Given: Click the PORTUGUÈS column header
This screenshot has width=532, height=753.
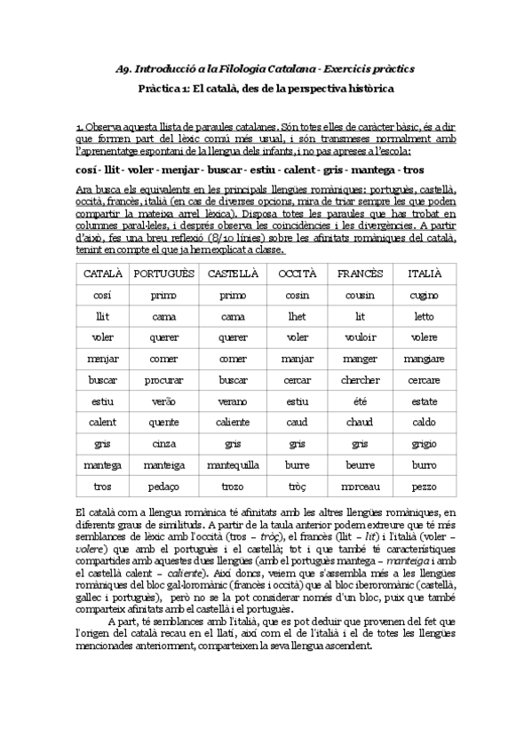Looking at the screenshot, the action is point(163,273).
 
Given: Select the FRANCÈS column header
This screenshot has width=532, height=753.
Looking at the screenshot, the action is point(360,273).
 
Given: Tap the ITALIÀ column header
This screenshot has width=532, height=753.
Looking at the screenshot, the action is point(425,273).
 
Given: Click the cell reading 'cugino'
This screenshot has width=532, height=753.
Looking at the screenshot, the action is point(425,295).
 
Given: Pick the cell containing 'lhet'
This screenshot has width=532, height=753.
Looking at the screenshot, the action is point(298,316).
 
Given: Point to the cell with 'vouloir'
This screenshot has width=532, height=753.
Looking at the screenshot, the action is point(360,337).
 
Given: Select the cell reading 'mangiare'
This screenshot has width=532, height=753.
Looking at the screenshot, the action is point(425,359).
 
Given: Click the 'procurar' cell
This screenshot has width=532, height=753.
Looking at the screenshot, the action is point(163,380).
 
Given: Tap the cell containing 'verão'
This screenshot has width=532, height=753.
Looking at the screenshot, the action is point(163,401).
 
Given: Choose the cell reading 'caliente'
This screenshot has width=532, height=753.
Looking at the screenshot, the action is point(233,423).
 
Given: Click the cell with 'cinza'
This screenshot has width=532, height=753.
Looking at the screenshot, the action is point(163,444).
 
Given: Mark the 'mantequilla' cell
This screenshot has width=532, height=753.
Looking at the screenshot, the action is point(233,464).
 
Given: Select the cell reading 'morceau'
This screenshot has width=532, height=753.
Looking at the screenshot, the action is point(360,487).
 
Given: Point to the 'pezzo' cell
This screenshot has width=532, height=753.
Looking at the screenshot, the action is point(425,487).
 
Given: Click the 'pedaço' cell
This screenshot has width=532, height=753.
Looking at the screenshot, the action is point(163,487).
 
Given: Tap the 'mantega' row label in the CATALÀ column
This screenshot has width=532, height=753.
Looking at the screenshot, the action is point(102,464).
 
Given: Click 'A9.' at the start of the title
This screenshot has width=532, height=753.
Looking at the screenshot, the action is point(124,68).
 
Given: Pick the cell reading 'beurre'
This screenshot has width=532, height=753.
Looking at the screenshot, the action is point(360,464).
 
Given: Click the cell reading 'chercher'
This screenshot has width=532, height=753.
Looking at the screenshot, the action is point(360,380).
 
